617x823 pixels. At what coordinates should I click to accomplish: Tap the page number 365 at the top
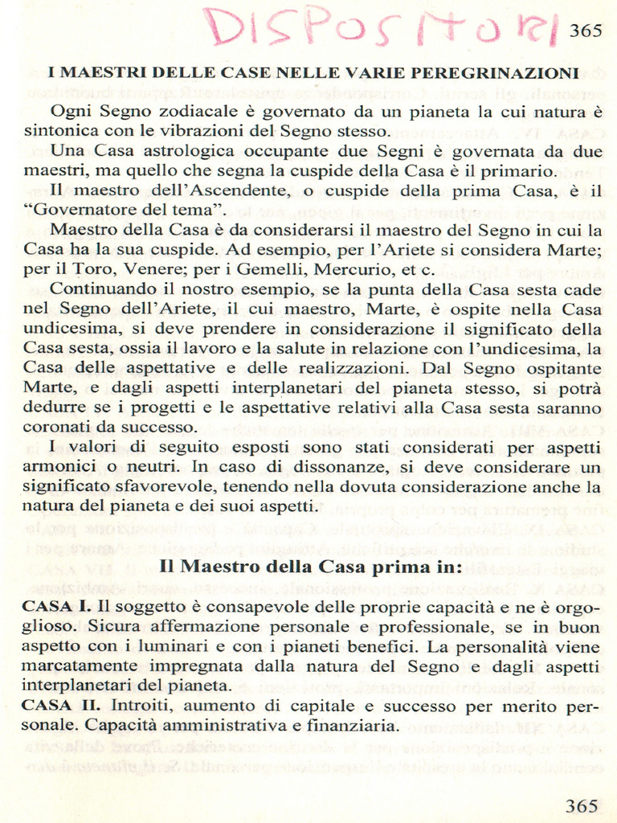coord(586,31)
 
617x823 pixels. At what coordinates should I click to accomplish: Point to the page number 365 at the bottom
coord(582,805)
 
